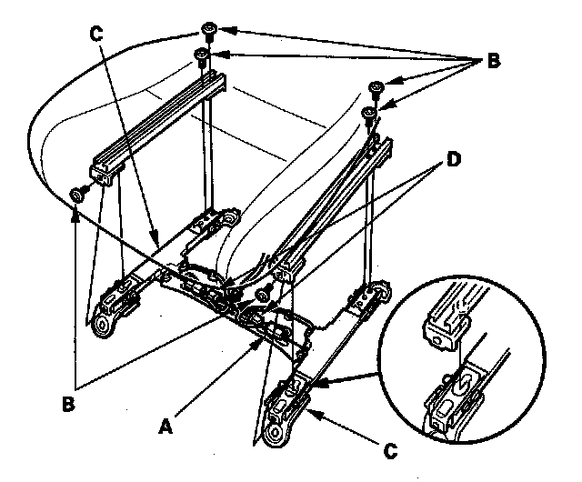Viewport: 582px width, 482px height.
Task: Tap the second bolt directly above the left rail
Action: pos(202,58)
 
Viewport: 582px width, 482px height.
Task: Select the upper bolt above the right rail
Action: pos(376,88)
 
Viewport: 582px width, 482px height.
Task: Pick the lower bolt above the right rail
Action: pos(368,113)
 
